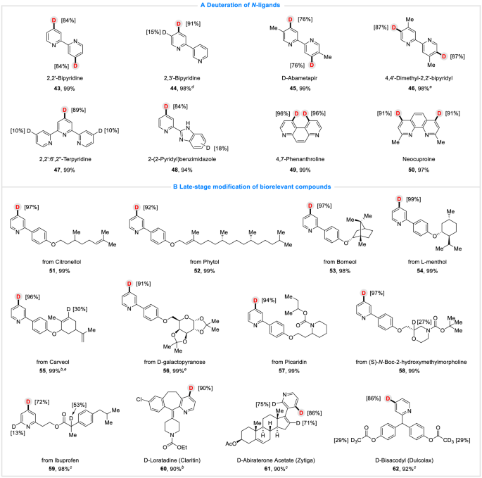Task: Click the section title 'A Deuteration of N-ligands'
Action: (241, 6)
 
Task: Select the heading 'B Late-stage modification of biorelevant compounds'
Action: (241, 186)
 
